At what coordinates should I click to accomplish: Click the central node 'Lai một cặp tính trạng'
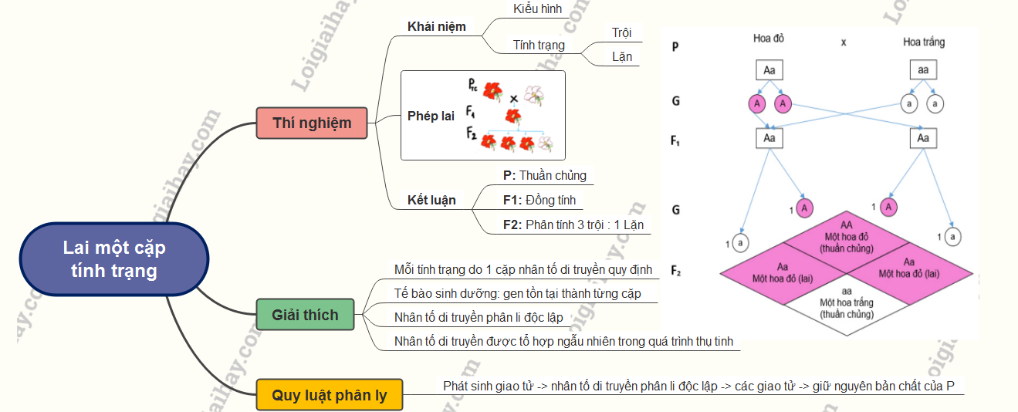click(x=114, y=259)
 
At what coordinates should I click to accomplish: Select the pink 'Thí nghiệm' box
click(x=312, y=123)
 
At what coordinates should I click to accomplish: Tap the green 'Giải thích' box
click(x=305, y=315)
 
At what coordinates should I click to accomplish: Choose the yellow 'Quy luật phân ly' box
click(x=330, y=396)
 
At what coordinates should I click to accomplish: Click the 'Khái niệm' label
click(x=437, y=26)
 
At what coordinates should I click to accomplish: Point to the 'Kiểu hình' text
click(x=538, y=9)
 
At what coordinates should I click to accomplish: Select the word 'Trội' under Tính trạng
click(x=621, y=32)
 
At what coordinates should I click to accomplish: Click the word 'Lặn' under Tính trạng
click(x=621, y=57)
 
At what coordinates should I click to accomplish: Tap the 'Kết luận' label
click(x=431, y=201)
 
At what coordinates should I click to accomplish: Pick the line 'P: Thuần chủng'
click(x=545, y=175)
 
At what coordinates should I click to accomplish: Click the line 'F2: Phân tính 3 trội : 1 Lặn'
click(x=573, y=225)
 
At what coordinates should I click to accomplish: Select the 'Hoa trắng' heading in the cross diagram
click(x=924, y=42)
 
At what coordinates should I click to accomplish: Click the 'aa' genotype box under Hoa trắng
click(x=924, y=71)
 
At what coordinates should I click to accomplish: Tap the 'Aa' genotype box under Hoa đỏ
click(x=769, y=71)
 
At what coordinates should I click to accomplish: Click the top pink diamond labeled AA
click(x=847, y=235)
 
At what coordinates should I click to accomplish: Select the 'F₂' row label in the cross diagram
click(x=676, y=270)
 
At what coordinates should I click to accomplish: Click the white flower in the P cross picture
click(x=534, y=95)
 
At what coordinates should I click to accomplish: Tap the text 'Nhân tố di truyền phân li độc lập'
click(x=479, y=317)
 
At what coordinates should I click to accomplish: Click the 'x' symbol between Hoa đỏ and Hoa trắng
click(x=844, y=42)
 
